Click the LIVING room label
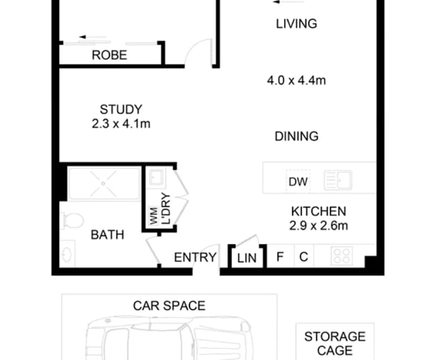pyautogui.click(x=296, y=24)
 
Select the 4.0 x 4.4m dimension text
pyautogui.click(x=296, y=81)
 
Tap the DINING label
pyautogui.click(x=296, y=136)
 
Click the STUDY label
pyautogui.click(x=121, y=109)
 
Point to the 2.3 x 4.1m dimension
pyautogui.click(x=121, y=124)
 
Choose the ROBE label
pyautogui.click(x=109, y=55)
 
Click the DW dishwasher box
pyautogui.click(x=298, y=182)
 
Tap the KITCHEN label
pyautogui.click(x=319, y=212)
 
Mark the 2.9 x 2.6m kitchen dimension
pyautogui.click(x=319, y=226)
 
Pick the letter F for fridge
pyautogui.click(x=280, y=257)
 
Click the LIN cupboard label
pyautogui.click(x=246, y=258)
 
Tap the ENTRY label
pyautogui.click(x=195, y=257)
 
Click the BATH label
pyautogui.click(x=107, y=235)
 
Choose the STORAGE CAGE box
pyautogui.click(x=335, y=343)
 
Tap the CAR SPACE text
pyautogui.click(x=169, y=305)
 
